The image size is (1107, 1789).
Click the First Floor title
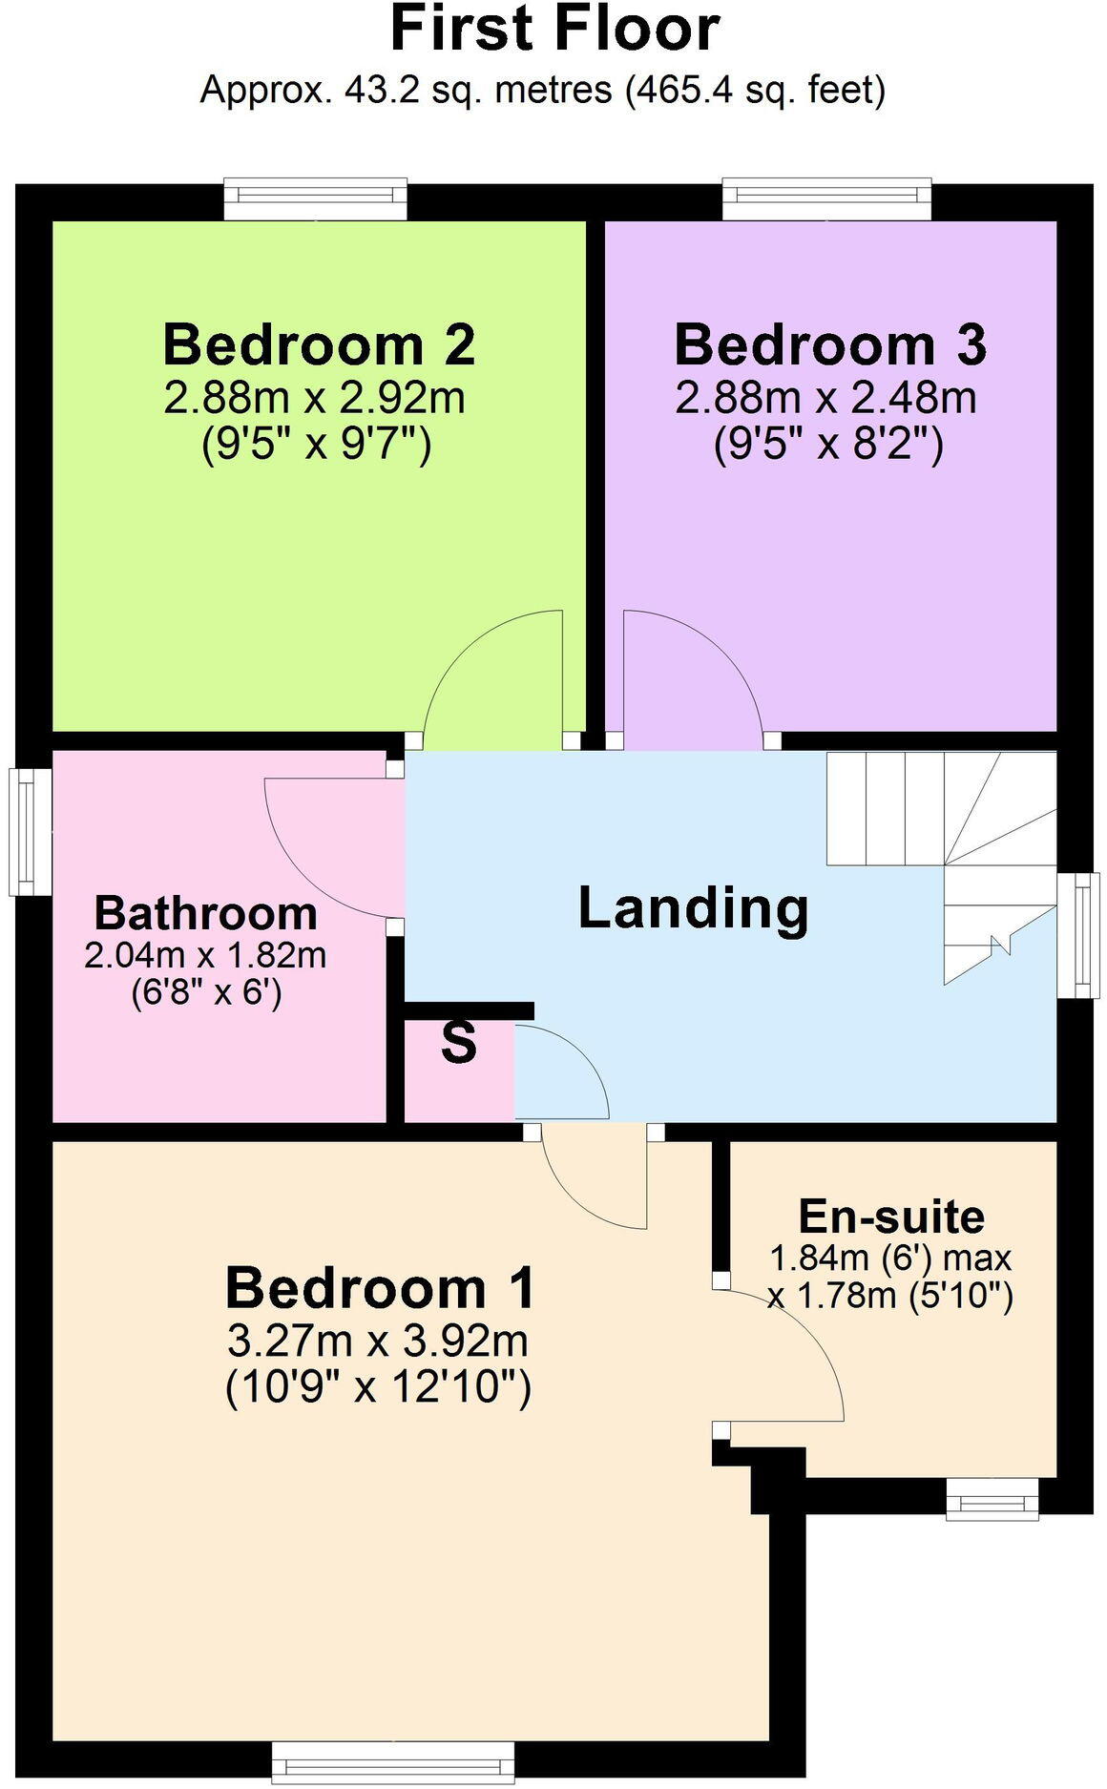point(553,29)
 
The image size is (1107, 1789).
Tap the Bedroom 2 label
point(319,344)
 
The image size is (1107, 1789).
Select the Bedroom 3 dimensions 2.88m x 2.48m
point(825,398)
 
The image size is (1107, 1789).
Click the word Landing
point(694,907)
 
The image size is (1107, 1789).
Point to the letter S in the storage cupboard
point(458,1043)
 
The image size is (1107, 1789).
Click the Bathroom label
point(205,913)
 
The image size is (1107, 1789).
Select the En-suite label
point(891,1217)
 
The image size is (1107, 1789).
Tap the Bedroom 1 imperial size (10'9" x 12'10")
point(378,1386)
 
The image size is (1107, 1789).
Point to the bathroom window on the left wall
point(29,832)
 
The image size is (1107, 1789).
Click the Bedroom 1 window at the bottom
point(392,1761)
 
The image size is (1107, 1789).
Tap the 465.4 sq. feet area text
point(755,91)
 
